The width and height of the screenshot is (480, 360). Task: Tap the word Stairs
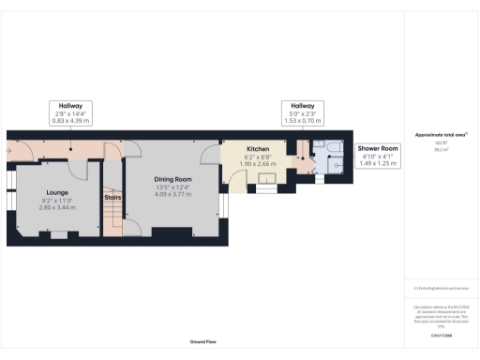(x=112, y=198)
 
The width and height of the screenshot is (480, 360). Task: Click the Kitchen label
(x=258, y=149)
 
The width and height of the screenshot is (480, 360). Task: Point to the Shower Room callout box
(x=377, y=155)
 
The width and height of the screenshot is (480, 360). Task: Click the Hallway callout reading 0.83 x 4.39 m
(x=71, y=113)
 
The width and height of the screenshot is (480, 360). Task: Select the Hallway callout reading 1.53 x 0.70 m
(x=302, y=113)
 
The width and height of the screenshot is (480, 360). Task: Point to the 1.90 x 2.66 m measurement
(x=258, y=164)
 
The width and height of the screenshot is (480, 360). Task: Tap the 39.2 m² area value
(x=440, y=148)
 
